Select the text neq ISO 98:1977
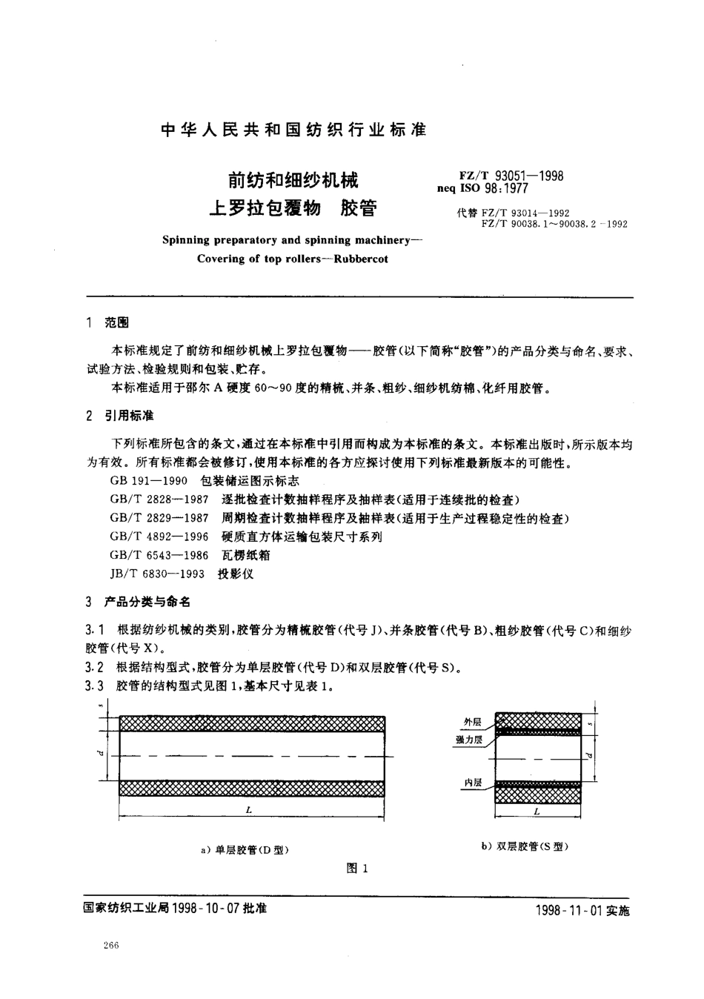488,188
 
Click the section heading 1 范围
108,323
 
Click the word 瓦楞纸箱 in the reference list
246,555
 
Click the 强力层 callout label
470,739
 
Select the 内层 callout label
472,783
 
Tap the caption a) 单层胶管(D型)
245,850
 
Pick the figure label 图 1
357,869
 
